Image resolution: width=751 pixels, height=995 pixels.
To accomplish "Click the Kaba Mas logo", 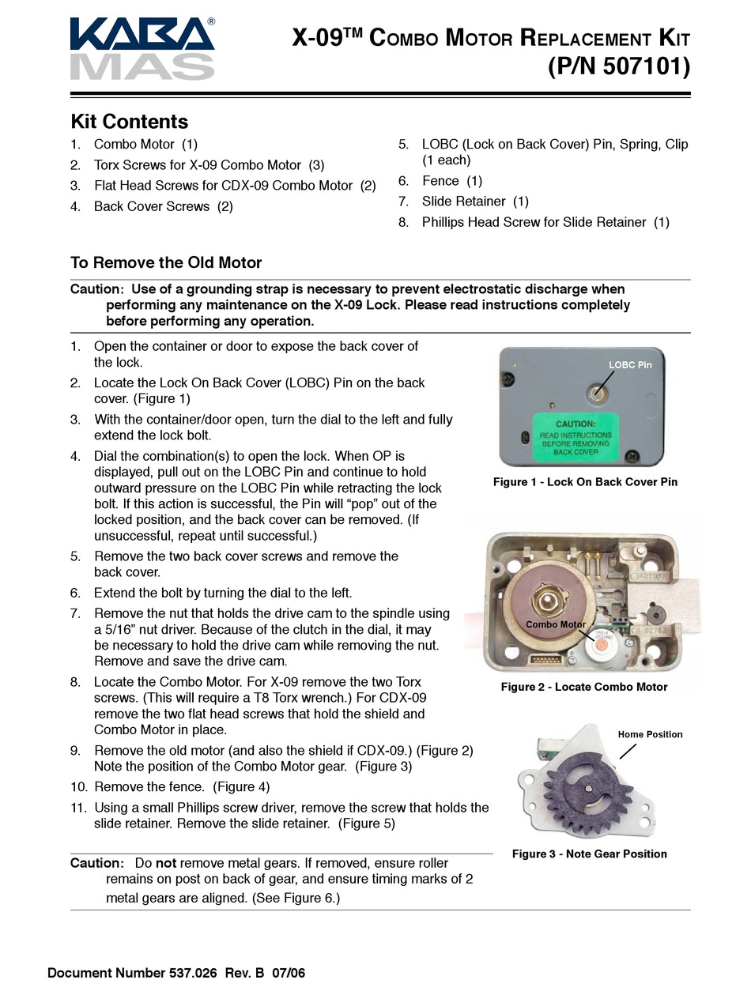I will click(x=142, y=49).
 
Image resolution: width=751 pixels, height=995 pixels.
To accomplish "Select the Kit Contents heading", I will click(x=130, y=122).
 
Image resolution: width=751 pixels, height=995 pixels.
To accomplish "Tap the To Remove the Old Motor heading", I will click(x=166, y=262).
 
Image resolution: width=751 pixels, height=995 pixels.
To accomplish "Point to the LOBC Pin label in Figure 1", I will click(x=630, y=365).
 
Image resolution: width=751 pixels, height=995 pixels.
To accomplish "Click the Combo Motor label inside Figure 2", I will click(x=556, y=624).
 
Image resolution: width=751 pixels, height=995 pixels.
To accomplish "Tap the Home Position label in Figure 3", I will click(x=650, y=734).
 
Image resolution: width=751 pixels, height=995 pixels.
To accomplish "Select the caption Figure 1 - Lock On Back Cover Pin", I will click(x=585, y=481).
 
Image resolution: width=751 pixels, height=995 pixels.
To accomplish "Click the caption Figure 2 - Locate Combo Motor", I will click(x=584, y=687).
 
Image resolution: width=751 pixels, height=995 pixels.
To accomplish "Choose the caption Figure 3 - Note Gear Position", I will click(x=589, y=854).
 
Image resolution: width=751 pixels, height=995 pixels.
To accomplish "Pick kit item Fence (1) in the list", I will click(x=451, y=181).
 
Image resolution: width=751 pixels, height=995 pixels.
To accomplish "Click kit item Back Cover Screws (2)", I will click(x=163, y=206).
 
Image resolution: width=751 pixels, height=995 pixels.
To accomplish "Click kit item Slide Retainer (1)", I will click(x=475, y=202).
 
